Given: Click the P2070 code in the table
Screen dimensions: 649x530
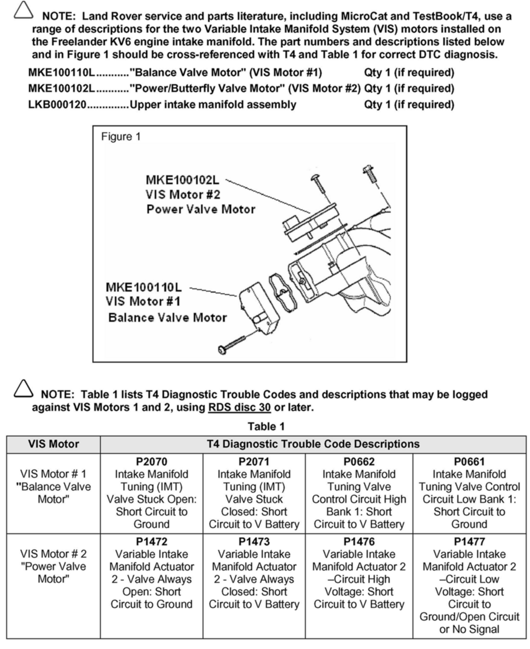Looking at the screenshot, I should [x=151, y=462].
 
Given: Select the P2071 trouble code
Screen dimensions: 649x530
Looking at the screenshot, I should [x=254, y=462].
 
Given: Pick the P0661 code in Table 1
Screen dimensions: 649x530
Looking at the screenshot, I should [x=469, y=462].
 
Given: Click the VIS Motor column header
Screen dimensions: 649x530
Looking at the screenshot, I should [x=53, y=444].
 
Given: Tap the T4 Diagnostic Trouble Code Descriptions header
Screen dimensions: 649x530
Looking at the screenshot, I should [x=313, y=444].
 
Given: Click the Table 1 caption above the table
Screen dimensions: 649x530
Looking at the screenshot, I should [x=266, y=426].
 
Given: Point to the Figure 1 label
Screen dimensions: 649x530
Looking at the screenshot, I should [x=121, y=137].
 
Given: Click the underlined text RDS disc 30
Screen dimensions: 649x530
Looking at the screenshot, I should [x=239, y=407].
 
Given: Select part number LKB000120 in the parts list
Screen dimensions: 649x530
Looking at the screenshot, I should [x=57, y=105].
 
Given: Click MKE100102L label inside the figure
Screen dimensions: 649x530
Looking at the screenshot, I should [x=183, y=180].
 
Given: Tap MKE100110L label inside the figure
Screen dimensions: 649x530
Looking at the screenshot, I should [x=144, y=287].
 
